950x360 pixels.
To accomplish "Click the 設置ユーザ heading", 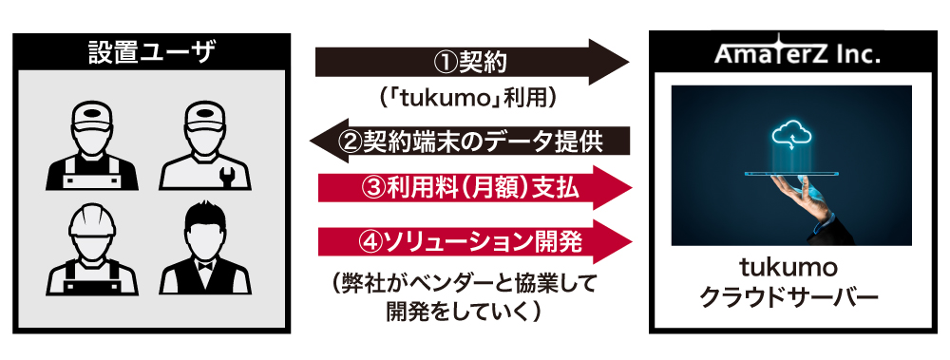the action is click(151, 52).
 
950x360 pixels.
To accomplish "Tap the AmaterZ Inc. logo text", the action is click(797, 54).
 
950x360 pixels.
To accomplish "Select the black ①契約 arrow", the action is click(472, 62).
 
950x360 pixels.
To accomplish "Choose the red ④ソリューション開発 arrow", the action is click(476, 242).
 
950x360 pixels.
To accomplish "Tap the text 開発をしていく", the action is click(464, 311).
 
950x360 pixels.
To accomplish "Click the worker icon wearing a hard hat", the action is click(92, 249).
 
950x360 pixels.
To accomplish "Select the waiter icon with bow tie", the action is click(205, 249).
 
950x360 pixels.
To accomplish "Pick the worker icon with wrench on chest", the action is click(205, 144).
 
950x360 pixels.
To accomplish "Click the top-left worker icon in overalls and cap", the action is click(92, 144).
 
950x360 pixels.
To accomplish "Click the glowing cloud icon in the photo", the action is click(792, 134).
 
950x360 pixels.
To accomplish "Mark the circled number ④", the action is click(370, 242).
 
